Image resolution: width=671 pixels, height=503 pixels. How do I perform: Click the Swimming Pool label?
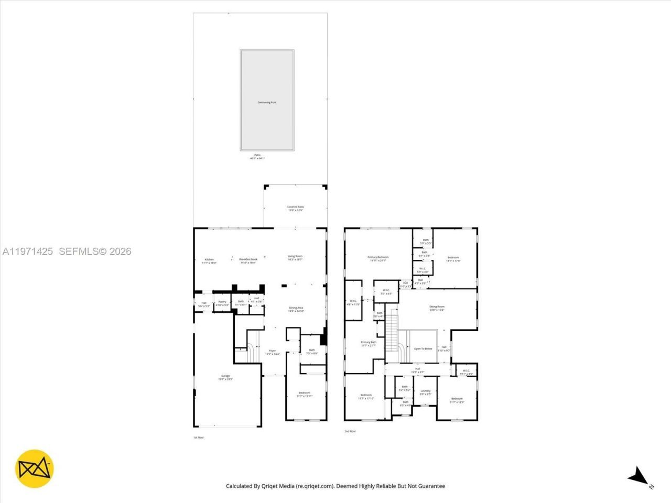[267, 102]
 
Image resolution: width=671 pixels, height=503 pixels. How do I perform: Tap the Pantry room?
[222, 303]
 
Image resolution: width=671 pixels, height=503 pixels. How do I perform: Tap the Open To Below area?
[423, 348]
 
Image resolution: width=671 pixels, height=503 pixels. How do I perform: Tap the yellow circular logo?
[35, 468]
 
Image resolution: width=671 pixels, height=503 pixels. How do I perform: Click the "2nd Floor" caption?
[350, 431]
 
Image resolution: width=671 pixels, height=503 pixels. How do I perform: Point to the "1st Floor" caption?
[199, 437]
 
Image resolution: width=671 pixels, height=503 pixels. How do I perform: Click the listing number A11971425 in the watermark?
[28, 251]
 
